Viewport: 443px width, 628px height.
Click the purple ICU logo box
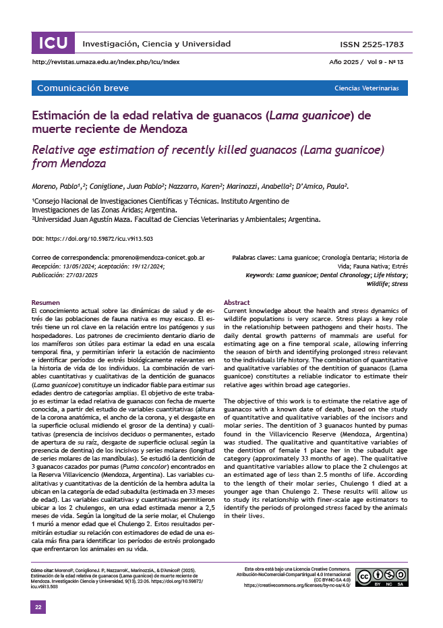(53, 44)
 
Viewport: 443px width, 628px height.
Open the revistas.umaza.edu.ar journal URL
(106, 62)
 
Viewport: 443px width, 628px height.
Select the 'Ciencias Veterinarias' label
(367, 88)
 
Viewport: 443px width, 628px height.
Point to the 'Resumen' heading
(46, 302)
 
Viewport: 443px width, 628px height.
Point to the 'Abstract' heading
(237, 302)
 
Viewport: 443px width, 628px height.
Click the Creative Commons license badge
(382, 577)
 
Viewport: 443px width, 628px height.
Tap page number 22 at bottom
(39, 608)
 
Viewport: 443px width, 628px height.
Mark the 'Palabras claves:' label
(254, 258)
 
